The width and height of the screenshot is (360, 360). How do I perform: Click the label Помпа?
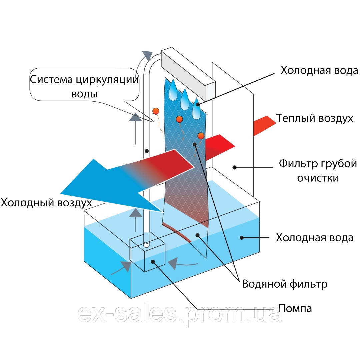[x=295, y=308]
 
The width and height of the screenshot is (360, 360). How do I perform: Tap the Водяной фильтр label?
[x=284, y=284]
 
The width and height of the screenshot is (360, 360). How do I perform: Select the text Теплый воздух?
[x=315, y=118]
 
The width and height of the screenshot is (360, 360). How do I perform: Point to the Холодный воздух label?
[x=46, y=202]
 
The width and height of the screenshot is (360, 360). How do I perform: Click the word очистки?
[x=318, y=178]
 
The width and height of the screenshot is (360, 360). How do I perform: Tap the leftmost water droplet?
[x=173, y=90]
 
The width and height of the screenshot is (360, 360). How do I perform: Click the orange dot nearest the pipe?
[x=156, y=111]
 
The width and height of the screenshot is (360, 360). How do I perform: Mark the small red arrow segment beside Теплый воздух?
[x=265, y=125]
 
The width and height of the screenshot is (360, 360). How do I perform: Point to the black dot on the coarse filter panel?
[x=235, y=167]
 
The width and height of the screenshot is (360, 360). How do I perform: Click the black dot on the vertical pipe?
[x=146, y=151]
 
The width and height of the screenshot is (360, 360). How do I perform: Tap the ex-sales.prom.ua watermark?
[x=180, y=314]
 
